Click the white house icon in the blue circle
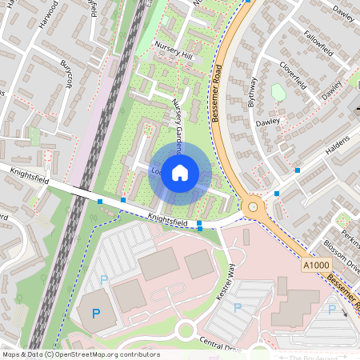tap(180, 172)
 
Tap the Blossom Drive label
tap(343, 259)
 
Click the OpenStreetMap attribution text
tap(80, 354)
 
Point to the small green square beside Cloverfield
tap(278, 92)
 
